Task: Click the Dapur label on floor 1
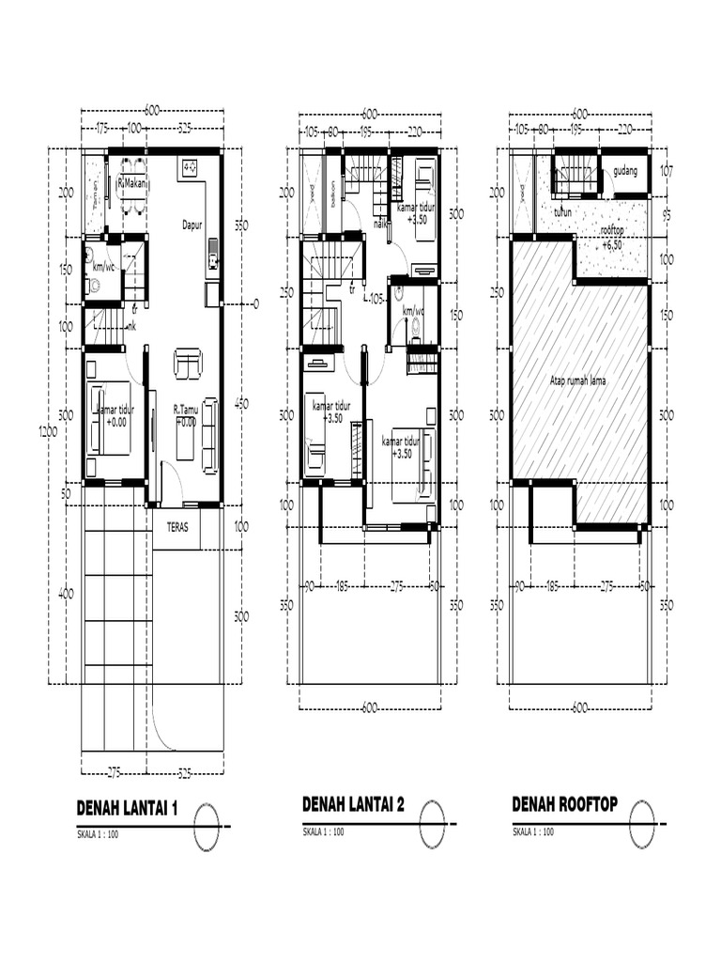click(194, 225)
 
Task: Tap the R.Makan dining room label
click(133, 185)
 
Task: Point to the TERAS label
click(176, 527)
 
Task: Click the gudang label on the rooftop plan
click(624, 173)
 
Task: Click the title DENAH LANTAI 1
click(127, 809)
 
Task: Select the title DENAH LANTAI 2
click(353, 805)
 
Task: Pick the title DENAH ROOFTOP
click(564, 805)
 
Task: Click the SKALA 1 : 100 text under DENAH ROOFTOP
click(532, 831)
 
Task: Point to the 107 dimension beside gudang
click(667, 172)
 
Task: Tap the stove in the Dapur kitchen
click(189, 167)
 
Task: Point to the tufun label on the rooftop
click(562, 212)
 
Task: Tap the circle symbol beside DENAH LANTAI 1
click(207, 828)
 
